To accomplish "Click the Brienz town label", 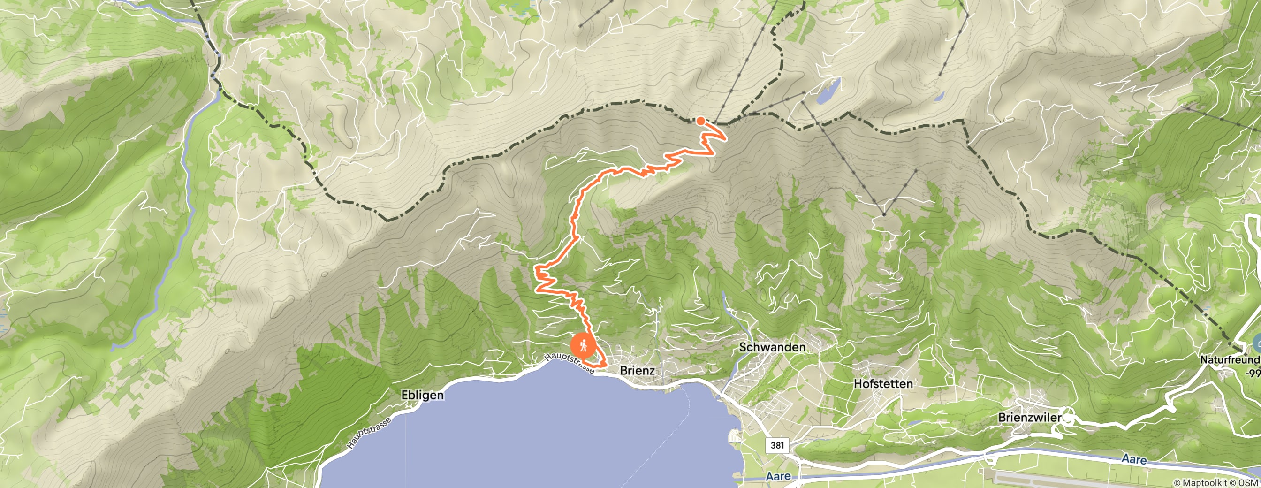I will [637, 371].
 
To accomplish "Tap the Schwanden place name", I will [772, 347].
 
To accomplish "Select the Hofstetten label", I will [882, 384].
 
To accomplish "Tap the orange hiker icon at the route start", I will [583, 346].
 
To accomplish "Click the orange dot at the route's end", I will [700, 121].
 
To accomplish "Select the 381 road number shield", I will [777, 445].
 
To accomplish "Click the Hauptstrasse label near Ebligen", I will [368, 433].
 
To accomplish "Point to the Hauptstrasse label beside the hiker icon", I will [569, 364].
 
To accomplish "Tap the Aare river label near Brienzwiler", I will [1134, 459].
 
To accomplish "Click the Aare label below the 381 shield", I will [778, 476].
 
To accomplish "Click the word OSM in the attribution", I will [1251, 483].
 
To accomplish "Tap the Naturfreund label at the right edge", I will [1229, 360].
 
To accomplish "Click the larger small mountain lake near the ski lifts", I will [828, 91].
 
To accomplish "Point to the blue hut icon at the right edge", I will [1257, 342].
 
